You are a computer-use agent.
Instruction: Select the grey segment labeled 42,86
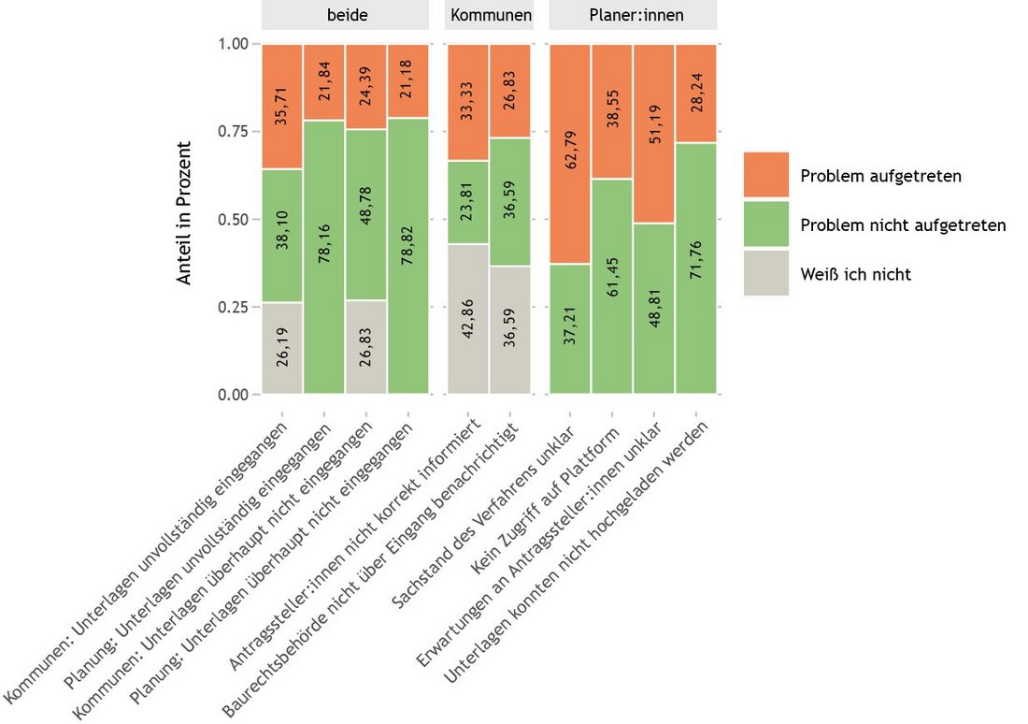[467, 319]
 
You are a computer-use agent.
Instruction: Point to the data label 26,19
[282, 348]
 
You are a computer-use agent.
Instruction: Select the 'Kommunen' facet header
[490, 15]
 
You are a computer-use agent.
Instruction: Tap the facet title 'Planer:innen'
[633, 15]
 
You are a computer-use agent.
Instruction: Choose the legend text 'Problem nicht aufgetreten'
[903, 225]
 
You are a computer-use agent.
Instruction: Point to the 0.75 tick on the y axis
[235, 132]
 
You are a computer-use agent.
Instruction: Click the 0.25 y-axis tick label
[235, 307]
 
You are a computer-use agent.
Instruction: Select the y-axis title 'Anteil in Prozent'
[186, 212]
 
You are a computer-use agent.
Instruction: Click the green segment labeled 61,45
[612, 285]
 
